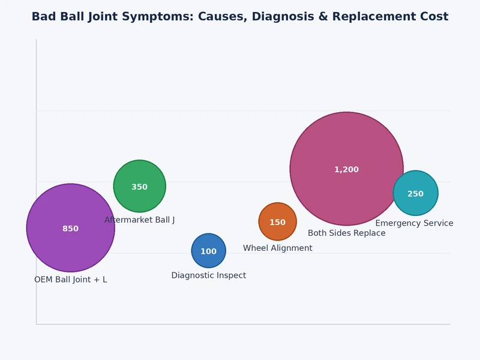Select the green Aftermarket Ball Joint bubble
click(x=139, y=175)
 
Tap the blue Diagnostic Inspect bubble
click(x=208, y=242)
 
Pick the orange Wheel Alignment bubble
click(x=277, y=213)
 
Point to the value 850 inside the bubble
click(x=70, y=229)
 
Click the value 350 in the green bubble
click(x=139, y=187)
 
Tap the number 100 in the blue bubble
click(x=208, y=251)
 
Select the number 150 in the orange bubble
click(x=277, y=223)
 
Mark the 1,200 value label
click(x=346, y=170)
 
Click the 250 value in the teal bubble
click(x=415, y=194)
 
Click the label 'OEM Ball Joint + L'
click(x=70, y=280)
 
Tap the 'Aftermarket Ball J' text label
click(x=139, y=220)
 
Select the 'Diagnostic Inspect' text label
click(x=208, y=275)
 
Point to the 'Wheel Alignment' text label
click(x=277, y=248)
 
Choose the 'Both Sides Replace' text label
click(x=346, y=233)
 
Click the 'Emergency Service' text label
click(x=414, y=224)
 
